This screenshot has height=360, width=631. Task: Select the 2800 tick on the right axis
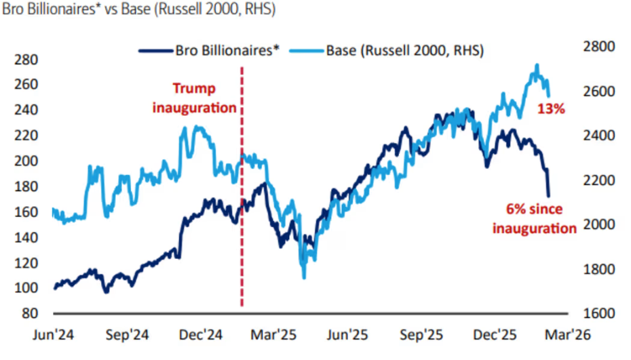tap(598, 46)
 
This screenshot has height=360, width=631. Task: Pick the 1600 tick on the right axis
tap(598, 314)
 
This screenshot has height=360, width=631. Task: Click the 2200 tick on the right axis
tap(598, 180)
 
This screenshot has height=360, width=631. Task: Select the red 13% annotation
tap(550, 108)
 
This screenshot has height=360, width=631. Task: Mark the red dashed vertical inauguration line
tap(242, 203)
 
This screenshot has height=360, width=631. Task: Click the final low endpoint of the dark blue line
tap(548, 196)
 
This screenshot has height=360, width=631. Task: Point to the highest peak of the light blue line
tap(537, 65)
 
